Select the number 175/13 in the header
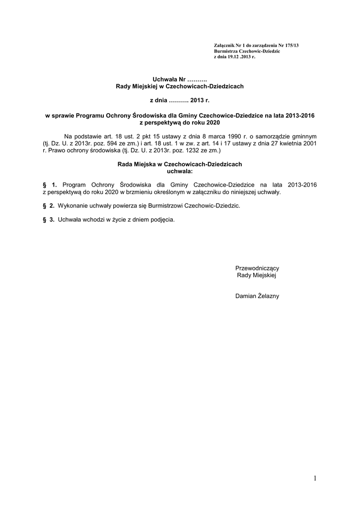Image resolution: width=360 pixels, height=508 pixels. [290, 46]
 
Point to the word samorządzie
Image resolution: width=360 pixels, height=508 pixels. [277, 135]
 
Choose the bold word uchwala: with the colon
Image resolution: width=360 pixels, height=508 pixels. [179, 171]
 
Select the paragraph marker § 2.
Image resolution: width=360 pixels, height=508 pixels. [49, 206]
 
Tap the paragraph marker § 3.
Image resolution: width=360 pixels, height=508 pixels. [49, 219]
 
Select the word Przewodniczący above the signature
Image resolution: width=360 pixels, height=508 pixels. [257, 268]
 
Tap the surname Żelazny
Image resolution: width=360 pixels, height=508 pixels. [268, 296]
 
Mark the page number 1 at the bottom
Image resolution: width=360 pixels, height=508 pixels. [315, 478]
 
